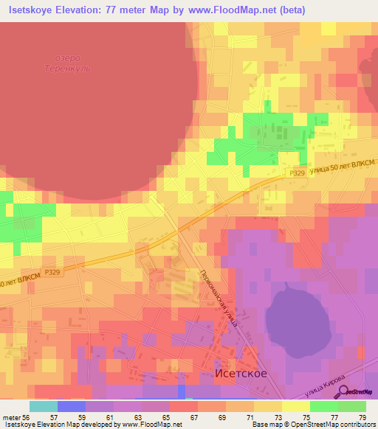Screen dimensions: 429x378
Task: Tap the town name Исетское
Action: click(240, 374)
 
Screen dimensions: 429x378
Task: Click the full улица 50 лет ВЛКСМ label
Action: click(343, 166)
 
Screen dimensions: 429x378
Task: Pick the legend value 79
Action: click(361, 416)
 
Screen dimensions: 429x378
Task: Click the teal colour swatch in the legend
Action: click(43, 406)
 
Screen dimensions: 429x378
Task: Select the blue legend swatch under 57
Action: click(71, 406)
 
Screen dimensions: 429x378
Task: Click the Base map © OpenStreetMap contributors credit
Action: click(312, 425)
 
